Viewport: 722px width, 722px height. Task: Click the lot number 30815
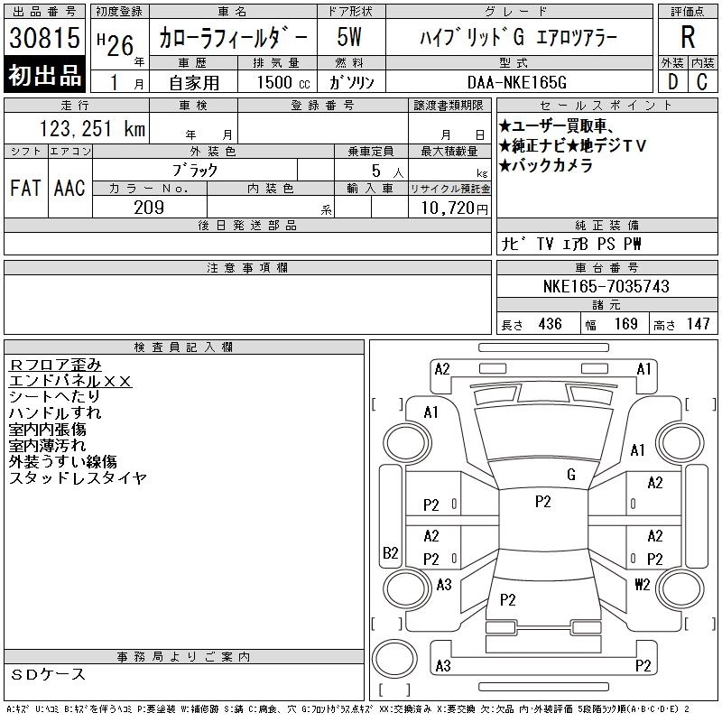click(x=44, y=37)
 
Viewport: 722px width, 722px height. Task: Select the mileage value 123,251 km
click(x=92, y=128)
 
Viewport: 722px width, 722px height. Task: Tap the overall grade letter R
click(x=688, y=37)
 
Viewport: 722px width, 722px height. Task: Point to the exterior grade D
click(x=672, y=82)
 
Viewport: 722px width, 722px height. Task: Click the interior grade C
click(x=702, y=82)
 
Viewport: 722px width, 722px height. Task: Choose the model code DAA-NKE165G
click(x=516, y=82)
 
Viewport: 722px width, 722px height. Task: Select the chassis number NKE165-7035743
click(x=606, y=286)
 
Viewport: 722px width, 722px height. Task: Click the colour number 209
click(x=149, y=208)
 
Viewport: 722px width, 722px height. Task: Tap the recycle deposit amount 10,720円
click(x=454, y=208)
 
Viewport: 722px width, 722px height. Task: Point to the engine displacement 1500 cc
click(x=283, y=82)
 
